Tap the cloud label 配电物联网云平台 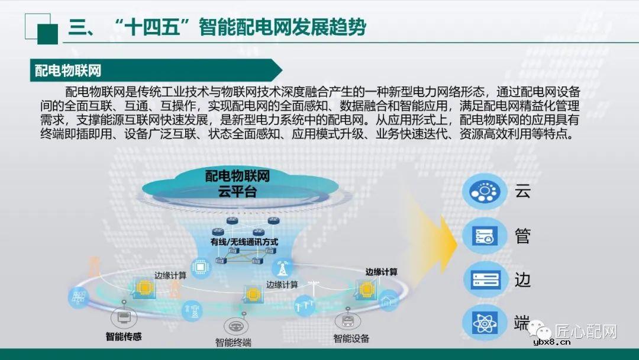point(237,184)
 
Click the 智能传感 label point(124,336)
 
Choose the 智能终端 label point(233,342)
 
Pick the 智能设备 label point(351,338)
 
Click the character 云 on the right point(521,192)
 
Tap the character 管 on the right point(521,236)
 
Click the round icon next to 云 point(485,191)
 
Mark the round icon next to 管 point(485,236)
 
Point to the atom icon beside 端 point(485,323)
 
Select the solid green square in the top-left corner point(47,34)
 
